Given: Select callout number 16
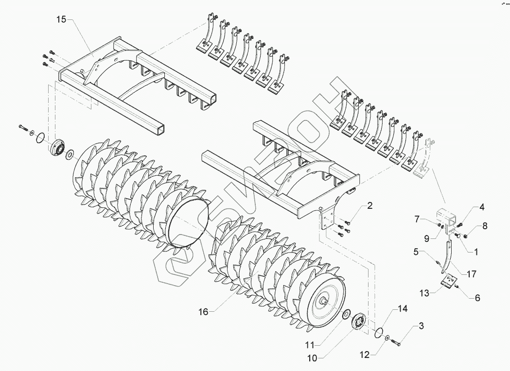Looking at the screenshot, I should click(x=203, y=311).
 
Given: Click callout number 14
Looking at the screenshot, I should click(x=403, y=309).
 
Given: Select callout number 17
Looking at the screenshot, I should click(x=471, y=274).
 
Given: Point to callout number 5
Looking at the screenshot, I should click(x=416, y=252).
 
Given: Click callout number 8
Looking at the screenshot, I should click(x=485, y=226).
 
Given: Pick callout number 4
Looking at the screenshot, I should click(x=481, y=207).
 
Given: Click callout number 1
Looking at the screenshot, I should click(x=475, y=252).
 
